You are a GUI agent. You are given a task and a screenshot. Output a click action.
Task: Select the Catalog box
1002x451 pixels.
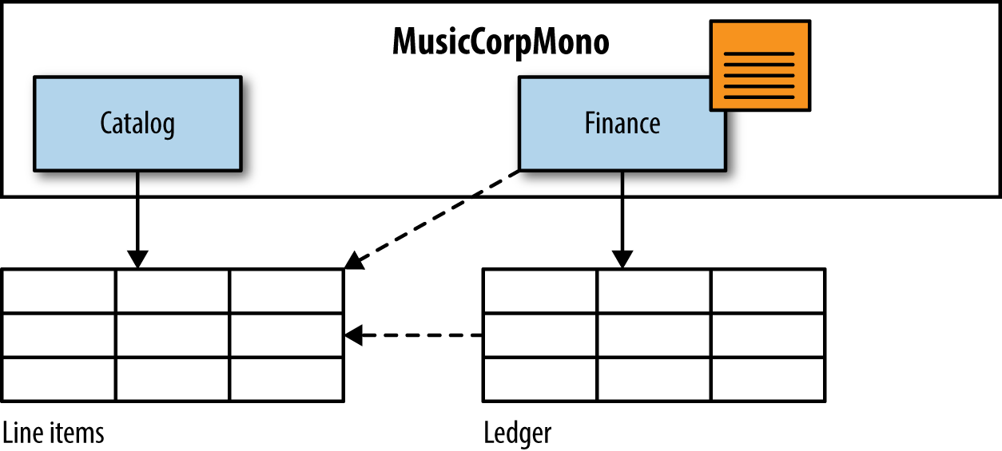[137, 124]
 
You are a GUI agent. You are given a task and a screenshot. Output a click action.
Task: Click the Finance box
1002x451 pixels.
[622, 124]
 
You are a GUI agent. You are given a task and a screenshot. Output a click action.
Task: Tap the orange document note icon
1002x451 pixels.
[760, 65]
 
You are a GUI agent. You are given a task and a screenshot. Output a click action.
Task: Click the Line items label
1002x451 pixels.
[54, 433]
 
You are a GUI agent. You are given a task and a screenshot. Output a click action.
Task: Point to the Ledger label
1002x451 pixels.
[518, 433]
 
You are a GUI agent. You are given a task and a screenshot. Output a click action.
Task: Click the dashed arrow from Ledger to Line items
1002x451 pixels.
[416, 336]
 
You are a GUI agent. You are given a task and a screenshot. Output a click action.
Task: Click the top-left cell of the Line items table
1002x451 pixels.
[59, 291]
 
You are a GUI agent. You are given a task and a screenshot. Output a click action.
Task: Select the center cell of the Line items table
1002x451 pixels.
[173, 336]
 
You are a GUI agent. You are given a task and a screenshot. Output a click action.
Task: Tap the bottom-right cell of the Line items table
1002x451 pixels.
[287, 379]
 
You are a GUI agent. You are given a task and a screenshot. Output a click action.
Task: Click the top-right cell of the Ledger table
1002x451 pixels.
[768, 291]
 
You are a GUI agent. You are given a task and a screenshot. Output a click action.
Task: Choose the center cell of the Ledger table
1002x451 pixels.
[654, 336]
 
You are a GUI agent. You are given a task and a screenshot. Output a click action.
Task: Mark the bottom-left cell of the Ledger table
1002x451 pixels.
[539, 379]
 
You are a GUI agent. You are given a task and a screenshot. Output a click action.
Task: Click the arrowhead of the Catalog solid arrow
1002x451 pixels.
[137, 259]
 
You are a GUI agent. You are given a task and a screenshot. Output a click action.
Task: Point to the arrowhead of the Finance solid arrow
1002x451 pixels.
[622, 259]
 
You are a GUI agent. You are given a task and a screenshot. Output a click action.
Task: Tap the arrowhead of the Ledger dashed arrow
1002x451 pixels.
[354, 336]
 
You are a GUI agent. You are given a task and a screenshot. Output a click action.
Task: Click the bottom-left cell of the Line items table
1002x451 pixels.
[59, 379]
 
